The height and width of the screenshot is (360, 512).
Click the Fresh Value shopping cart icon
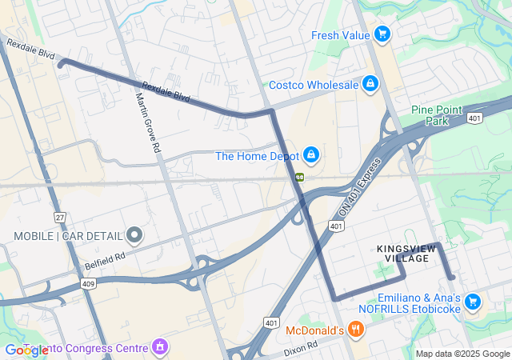(x=382, y=34)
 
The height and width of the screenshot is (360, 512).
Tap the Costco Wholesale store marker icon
(x=370, y=84)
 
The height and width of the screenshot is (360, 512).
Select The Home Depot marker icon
(x=311, y=154)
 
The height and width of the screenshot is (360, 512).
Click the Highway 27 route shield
(x=59, y=218)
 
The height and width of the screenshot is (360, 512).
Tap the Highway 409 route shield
(x=87, y=283)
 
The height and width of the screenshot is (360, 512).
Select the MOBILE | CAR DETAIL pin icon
(x=134, y=235)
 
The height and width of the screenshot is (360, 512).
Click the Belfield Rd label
(x=106, y=261)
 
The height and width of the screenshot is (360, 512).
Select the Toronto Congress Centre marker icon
(x=160, y=348)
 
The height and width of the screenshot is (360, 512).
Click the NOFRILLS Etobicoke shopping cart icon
(x=473, y=302)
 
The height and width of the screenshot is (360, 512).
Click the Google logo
(x=26, y=350)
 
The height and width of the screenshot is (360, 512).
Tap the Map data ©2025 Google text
(x=462, y=354)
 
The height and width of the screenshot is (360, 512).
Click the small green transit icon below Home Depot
(x=300, y=177)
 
